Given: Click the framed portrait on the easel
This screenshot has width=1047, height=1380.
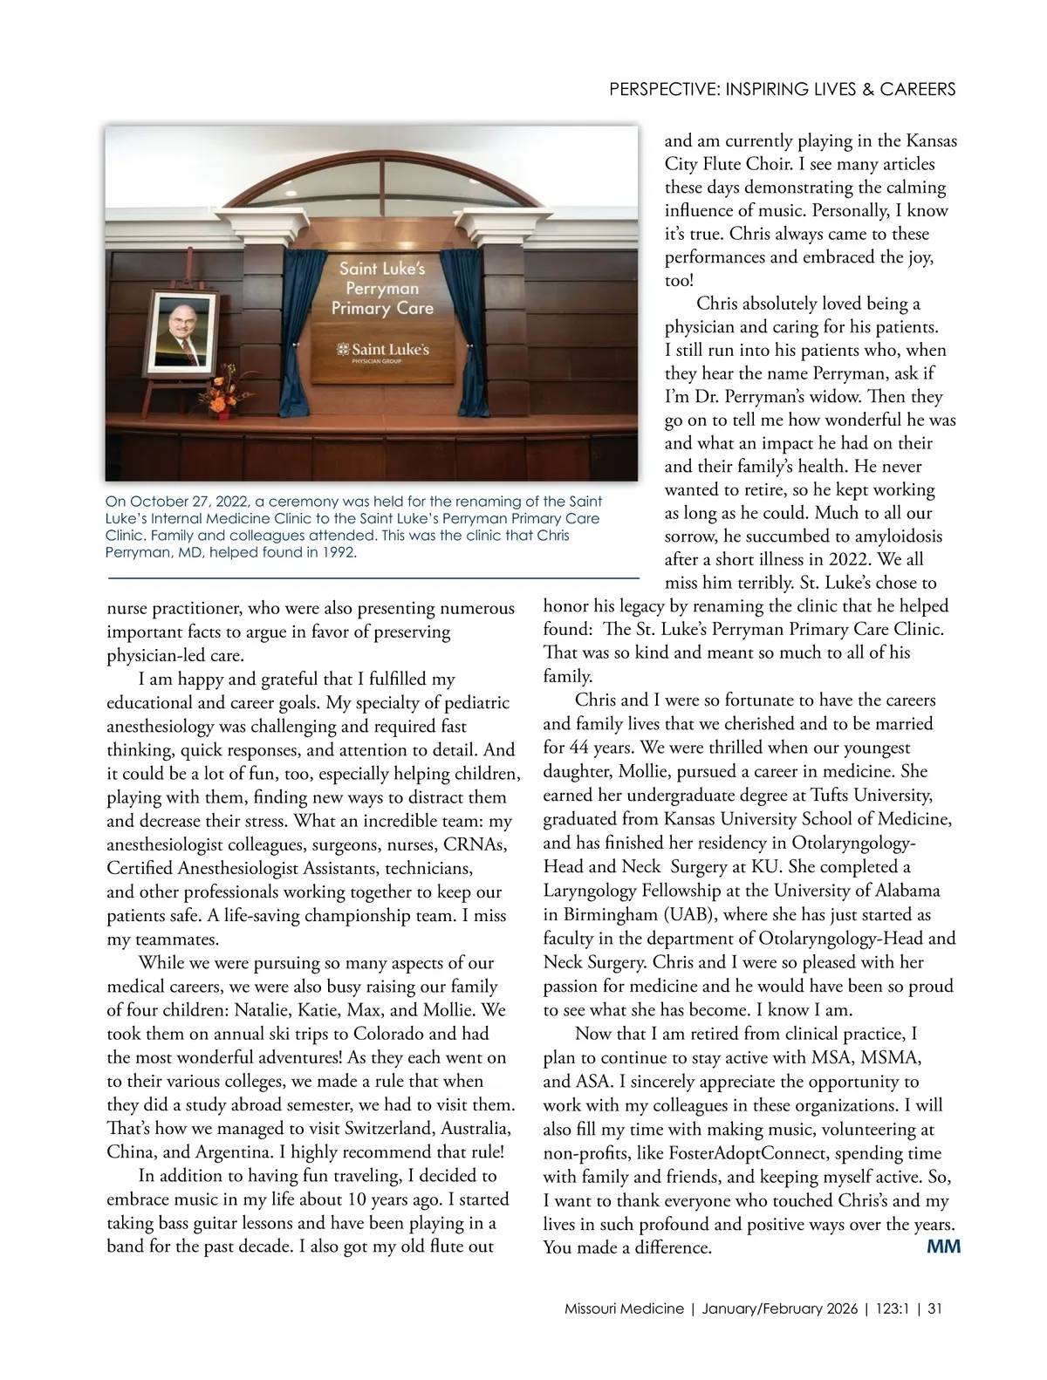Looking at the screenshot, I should [x=184, y=330].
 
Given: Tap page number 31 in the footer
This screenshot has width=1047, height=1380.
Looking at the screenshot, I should [x=934, y=1308].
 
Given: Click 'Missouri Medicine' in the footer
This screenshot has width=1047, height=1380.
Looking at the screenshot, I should [x=624, y=1308].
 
